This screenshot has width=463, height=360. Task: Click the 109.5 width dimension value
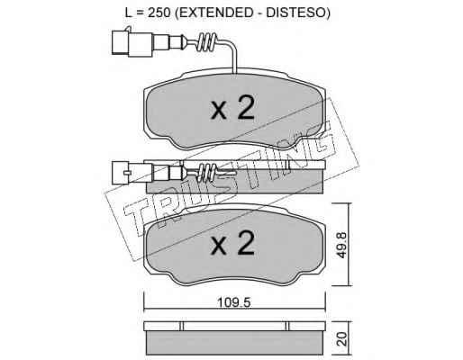click(233, 302)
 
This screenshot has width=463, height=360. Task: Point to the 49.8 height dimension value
click(341, 244)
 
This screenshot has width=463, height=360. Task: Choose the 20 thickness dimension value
click(341, 339)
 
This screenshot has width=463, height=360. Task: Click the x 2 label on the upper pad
click(232, 108)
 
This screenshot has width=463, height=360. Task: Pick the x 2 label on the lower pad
click(232, 244)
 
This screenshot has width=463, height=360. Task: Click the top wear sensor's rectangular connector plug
click(132, 43)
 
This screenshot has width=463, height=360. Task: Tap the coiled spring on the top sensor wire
click(206, 42)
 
